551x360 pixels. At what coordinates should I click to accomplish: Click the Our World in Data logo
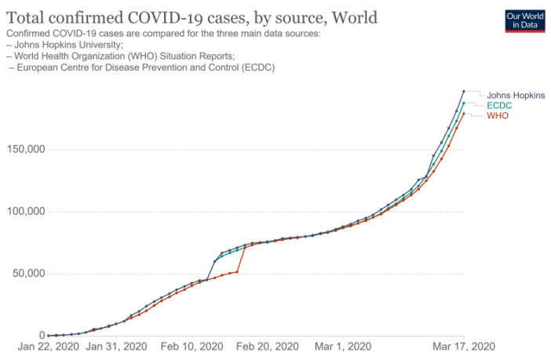click(524, 20)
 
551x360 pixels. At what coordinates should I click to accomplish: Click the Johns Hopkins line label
click(516, 95)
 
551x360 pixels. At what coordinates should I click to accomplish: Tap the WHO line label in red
click(498, 115)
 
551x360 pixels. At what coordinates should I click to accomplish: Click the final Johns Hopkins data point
click(463, 91)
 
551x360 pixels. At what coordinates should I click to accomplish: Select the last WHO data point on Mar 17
click(463, 114)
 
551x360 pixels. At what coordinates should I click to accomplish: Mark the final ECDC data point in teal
click(463, 103)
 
